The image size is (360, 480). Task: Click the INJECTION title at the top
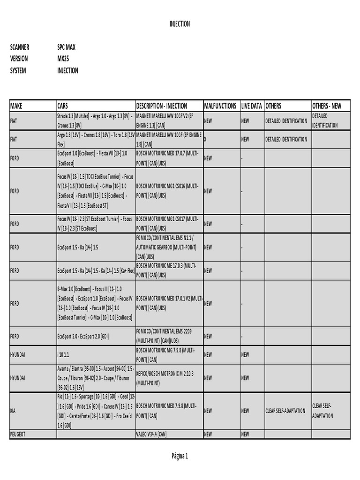180,24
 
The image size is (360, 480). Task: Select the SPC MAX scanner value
66,47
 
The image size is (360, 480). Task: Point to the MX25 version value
63,59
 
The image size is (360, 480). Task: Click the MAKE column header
16,106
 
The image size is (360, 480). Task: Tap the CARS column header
63,106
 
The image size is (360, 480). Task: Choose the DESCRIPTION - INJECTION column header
162,106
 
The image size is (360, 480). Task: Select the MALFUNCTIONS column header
220,106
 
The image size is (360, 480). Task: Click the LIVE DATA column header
252,106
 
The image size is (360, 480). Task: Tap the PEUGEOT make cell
17,435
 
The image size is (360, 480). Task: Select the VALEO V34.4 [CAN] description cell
151,435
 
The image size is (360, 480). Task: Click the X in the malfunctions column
205,139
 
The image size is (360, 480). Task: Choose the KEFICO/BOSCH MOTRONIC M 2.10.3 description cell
165,378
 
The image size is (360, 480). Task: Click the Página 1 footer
180,456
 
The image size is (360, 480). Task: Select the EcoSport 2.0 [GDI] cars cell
83,336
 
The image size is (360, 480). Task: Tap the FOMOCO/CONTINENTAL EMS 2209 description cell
164,336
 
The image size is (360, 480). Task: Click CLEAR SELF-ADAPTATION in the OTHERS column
285,411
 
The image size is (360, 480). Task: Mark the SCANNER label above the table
20,47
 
